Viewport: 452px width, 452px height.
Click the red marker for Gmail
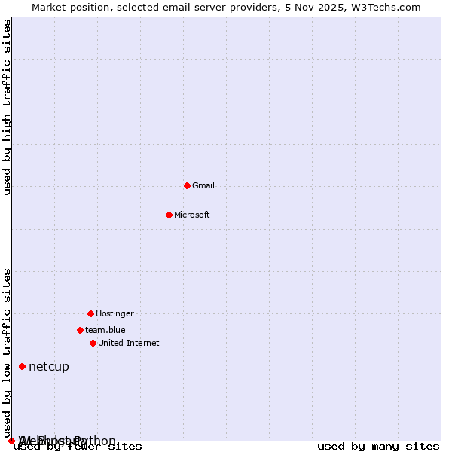coord(187,185)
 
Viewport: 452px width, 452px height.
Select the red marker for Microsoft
coord(169,215)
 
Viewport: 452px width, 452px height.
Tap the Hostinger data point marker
coord(90,313)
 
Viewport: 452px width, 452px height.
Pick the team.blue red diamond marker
coord(80,330)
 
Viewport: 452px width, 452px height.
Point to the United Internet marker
coord(93,343)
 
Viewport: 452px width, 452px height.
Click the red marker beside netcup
coord(22,366)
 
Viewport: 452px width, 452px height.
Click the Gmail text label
coord(203,185)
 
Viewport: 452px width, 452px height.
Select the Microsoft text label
coord(192,215)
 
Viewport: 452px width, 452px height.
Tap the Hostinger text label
coord(115,313)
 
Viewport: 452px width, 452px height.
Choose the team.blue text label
coord(105,330)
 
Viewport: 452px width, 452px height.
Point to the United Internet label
coord(129,343)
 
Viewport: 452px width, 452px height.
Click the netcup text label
coord(49,367)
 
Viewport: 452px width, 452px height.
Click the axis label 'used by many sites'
coord(378,447)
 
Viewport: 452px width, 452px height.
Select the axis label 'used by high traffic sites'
coord(8,108)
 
